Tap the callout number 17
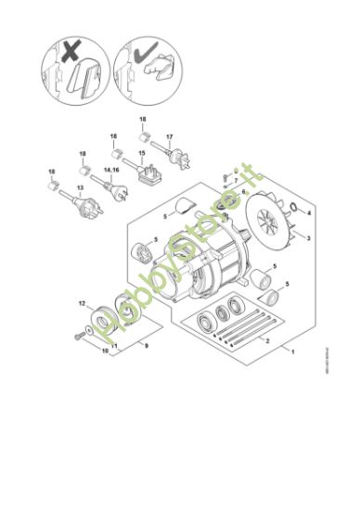point(169,137)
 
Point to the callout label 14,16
point(112,170)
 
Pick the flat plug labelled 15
point(149,171)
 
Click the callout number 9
point(145,344)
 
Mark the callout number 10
point(105,352)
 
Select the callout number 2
point(267,341)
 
